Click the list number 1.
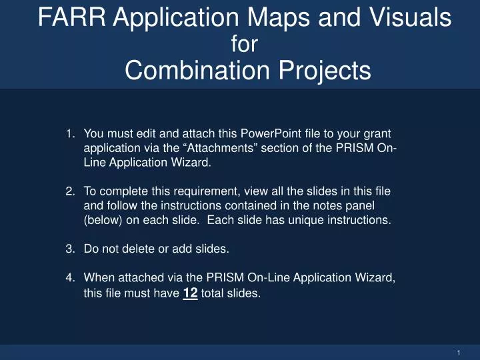coord(70,133)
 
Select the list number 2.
coord(70,191)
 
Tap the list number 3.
coord(70,249)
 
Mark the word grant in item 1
coord(377,133)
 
